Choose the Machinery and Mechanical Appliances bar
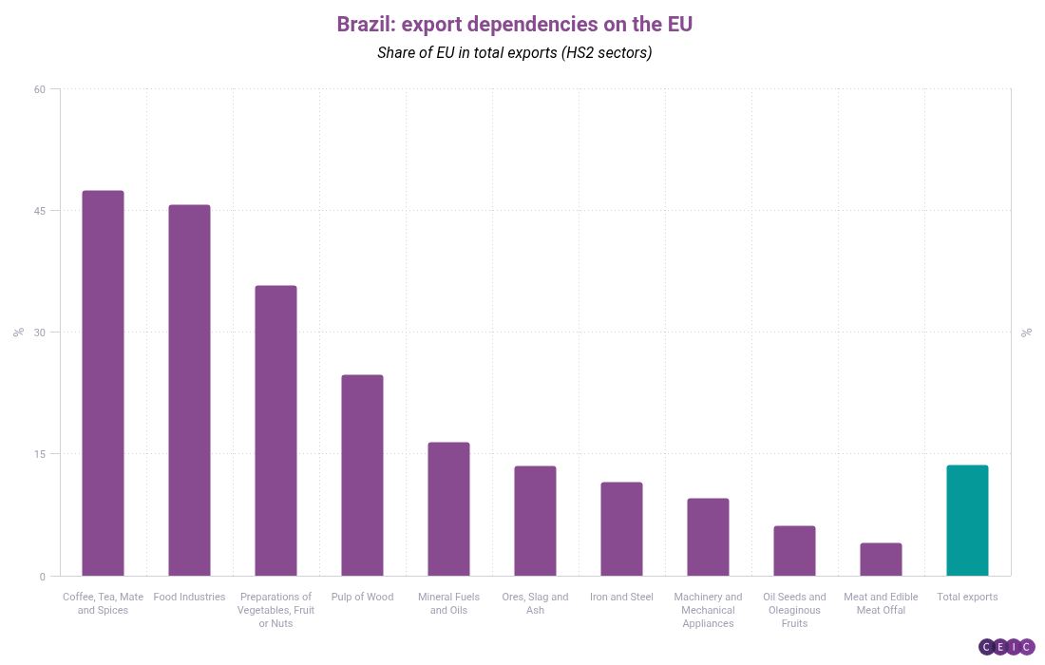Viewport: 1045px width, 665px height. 708,537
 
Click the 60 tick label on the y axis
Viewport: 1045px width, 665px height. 40,89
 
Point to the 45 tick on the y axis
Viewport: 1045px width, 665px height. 40,211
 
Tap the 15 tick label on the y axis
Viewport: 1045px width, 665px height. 40,454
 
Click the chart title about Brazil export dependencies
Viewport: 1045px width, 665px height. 514,24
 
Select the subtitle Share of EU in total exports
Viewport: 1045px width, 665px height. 514,52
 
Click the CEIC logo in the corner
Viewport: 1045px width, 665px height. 1006,647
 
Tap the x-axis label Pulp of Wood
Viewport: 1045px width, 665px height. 362,598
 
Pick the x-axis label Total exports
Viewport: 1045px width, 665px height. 967,598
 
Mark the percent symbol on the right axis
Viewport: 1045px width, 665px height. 1026,332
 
